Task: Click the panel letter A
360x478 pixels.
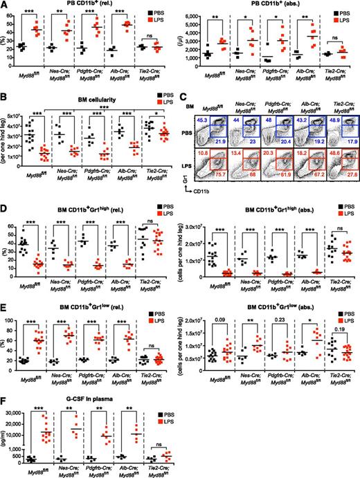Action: (x=5, y=5)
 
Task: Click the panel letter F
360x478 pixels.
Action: (x=5, y=387)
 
